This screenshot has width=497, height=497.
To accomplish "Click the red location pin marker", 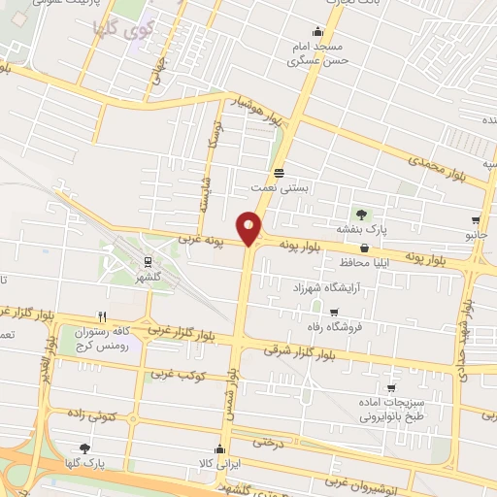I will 249,227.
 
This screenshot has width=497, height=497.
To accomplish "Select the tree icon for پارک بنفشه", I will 362,214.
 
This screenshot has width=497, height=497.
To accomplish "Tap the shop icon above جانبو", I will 476,221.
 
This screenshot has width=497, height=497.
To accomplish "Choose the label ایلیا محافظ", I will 365,263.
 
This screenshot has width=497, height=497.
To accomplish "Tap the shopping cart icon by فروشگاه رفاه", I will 334,313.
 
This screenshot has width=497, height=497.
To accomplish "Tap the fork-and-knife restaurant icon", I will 102,316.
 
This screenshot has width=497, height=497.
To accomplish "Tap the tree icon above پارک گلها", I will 84,448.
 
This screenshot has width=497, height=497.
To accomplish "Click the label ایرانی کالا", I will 219,464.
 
